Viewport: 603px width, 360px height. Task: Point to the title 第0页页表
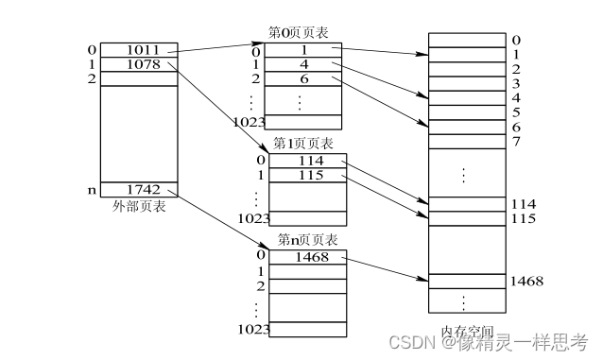[301, 33]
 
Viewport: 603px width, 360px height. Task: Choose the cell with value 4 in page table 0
[303, 64]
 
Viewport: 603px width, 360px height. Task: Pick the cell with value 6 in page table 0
[303, 79]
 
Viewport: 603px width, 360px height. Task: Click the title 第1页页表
[303, 144]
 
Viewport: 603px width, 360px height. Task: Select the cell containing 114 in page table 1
[308, 161]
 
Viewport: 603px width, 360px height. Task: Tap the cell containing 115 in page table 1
[308, 176]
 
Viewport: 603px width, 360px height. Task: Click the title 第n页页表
[307, 240]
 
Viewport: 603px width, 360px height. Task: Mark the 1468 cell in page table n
[308, 257]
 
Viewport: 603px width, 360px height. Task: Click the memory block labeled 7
[466, 141]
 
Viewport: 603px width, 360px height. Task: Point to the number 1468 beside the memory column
[525, 281]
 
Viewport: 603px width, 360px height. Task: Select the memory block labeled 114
[466, 204]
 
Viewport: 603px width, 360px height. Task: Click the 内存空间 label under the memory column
[468, 332]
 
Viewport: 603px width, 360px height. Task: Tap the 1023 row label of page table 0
[247, 122]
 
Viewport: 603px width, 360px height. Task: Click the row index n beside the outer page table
[91, 190]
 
